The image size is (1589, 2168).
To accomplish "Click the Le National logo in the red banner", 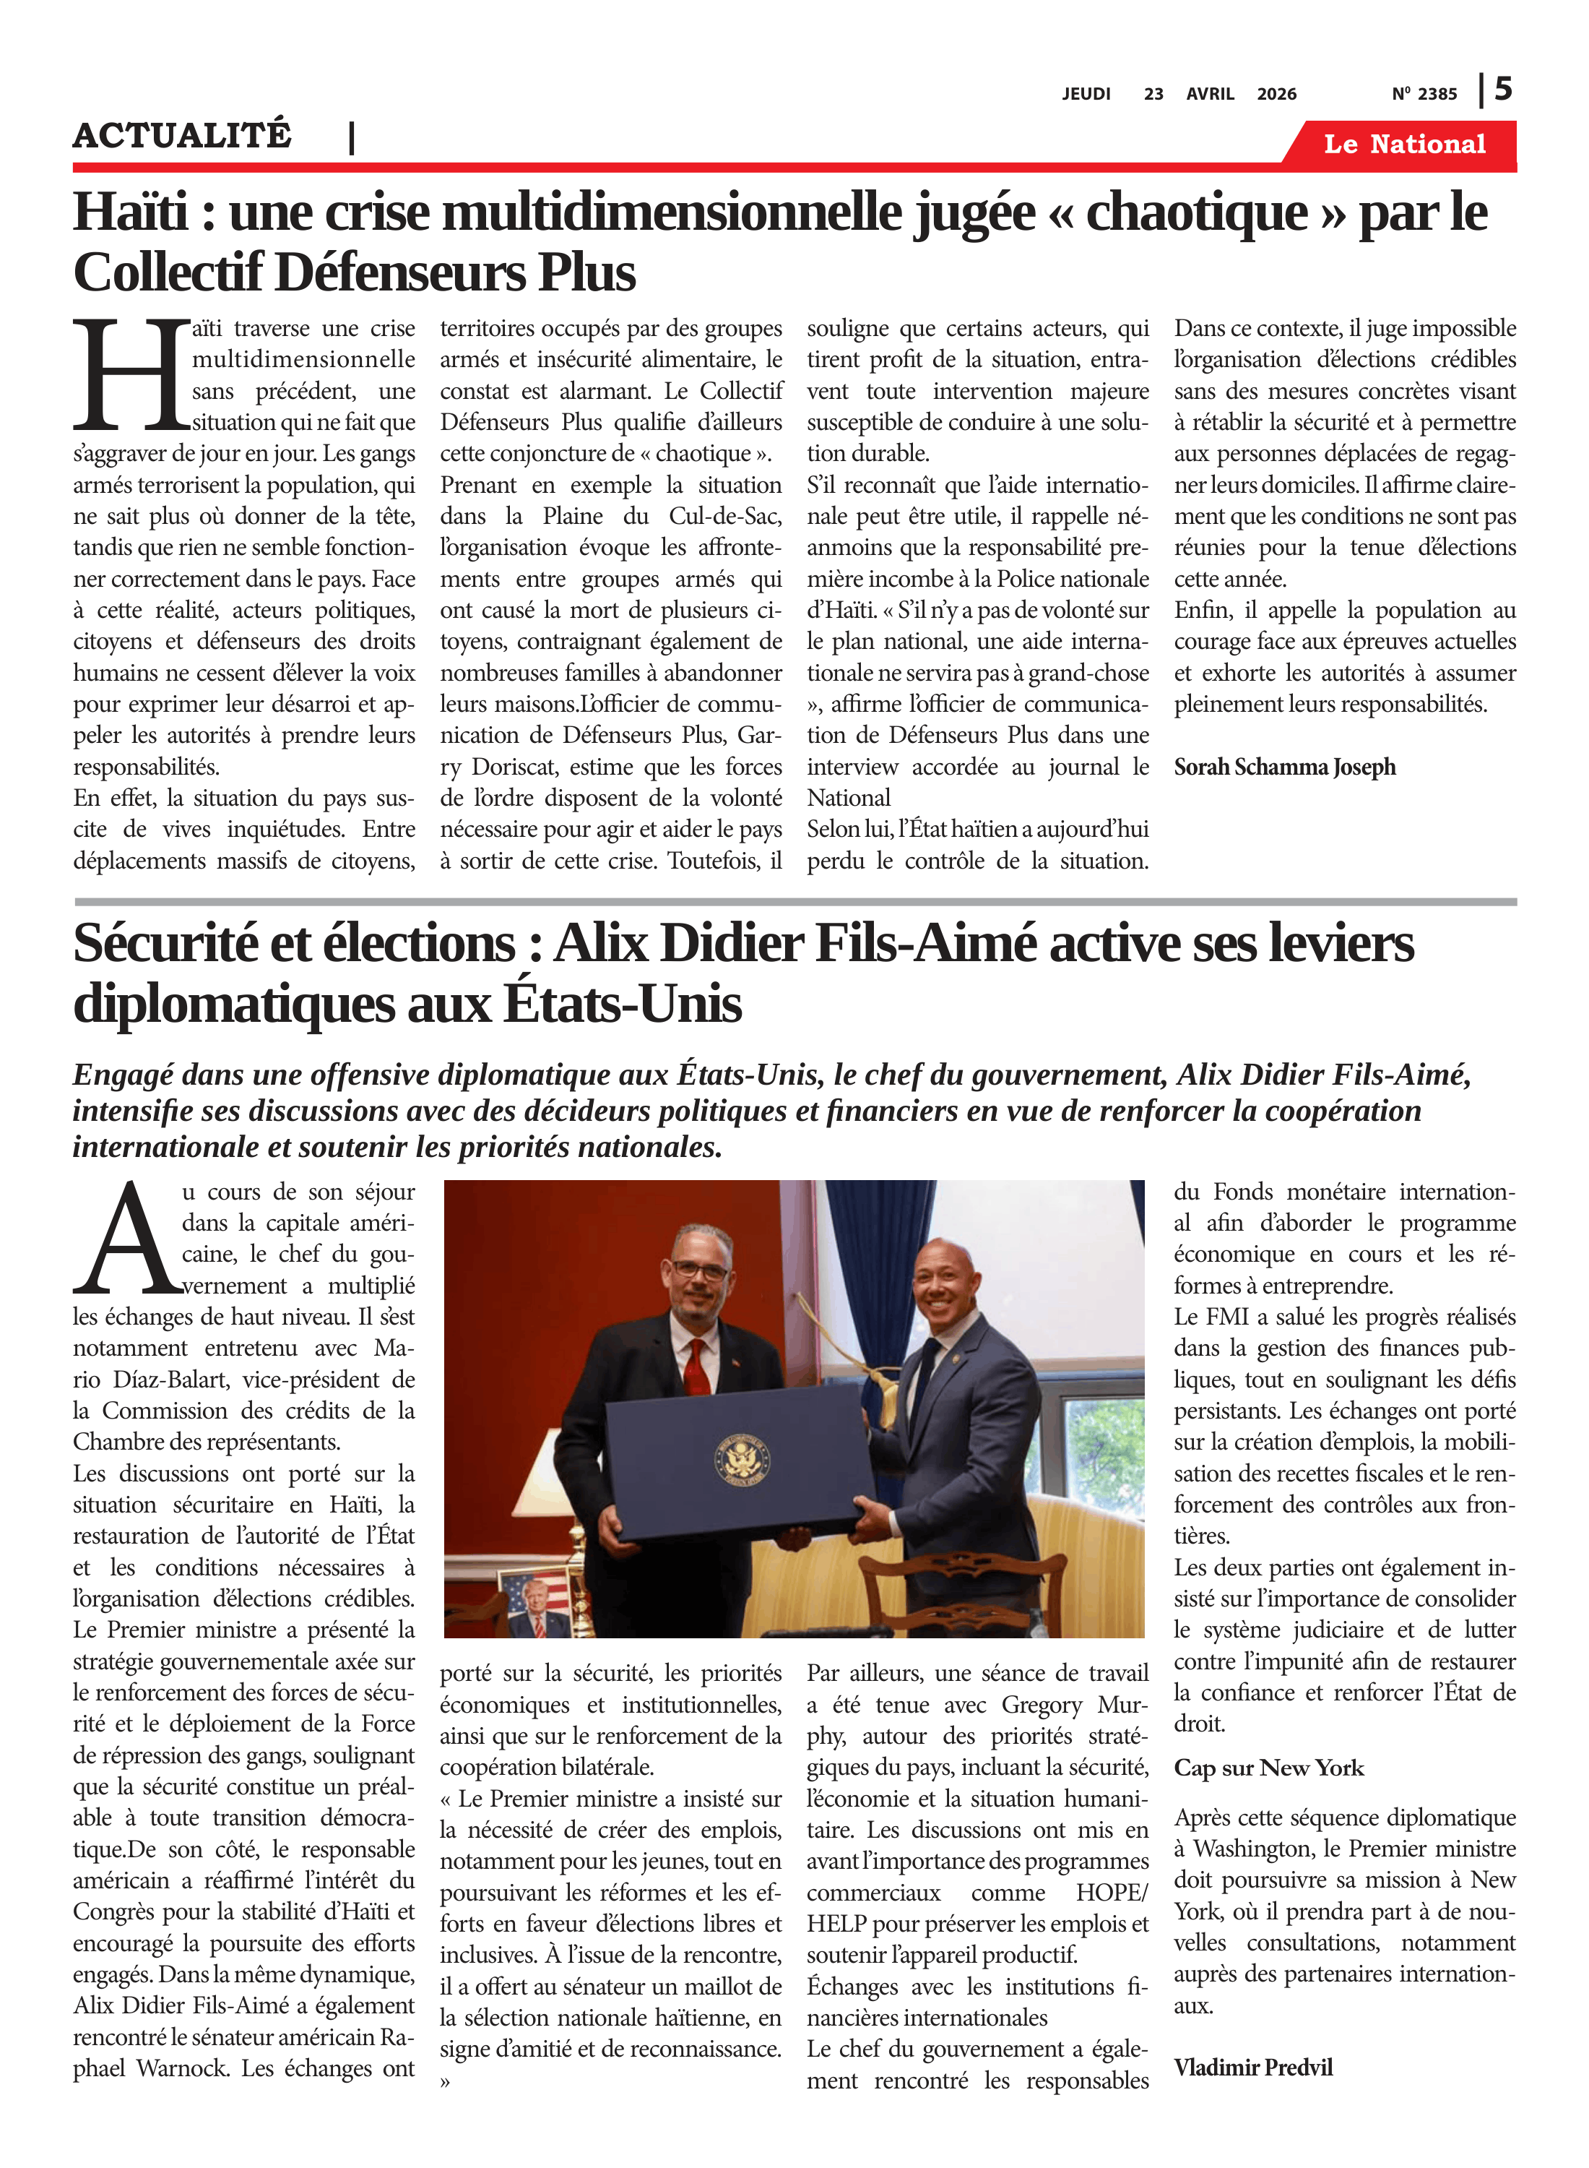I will pyautogui.click(x=1403, y=145).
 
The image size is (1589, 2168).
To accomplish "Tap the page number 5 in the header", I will pyautogui.click(x=1502, y=90).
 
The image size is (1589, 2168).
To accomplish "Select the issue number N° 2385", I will pyautogui.click(x=1424, y=94).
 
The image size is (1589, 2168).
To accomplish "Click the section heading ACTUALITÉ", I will pyautogui.click(x=182, y=136).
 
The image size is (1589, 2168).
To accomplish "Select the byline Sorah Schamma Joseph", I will pyautogui.click(x=1284, y=767).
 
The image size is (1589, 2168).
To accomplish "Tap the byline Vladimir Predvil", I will pyautogui.click(x=1252, y=2067).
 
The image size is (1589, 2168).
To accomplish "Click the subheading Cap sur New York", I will pyautogui.click(x=1268, y=1768).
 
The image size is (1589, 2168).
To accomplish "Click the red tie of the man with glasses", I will pyautogui.click(x=696, y=1367).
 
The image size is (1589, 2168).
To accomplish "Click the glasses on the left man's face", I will pyautogui.click(x=700, y=1269).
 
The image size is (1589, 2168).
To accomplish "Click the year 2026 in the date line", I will pyautogui.click(x=1276, y=94).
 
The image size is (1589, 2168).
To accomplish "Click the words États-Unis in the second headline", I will pyautogui.click(x=623, y=1005).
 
